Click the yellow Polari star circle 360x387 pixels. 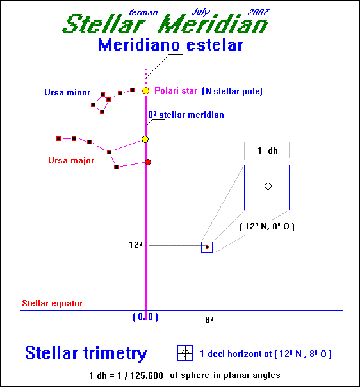point(146,91)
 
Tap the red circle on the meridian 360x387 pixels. point(148,162)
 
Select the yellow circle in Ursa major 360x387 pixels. point(145,140)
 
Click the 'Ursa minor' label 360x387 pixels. point(67,92)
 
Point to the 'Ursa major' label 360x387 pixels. point(71,161)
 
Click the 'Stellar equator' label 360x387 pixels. point(53,303)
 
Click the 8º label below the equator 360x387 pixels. point(209,320)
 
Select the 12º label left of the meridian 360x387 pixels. point(135,245)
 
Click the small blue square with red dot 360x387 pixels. point(207,247)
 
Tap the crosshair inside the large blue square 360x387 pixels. point(268,186)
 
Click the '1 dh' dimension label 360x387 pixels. point(268,151)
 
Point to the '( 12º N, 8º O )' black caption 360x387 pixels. point(267,227)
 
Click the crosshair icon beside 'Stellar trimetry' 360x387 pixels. point(185,353)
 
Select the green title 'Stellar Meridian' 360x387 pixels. point(165,24)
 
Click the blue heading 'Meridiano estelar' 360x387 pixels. point(171,45)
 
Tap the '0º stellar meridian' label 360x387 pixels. point(186,115)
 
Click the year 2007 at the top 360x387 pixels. point(258,12)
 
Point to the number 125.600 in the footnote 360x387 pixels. point(147,375)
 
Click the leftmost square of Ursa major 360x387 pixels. point(58,138)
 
